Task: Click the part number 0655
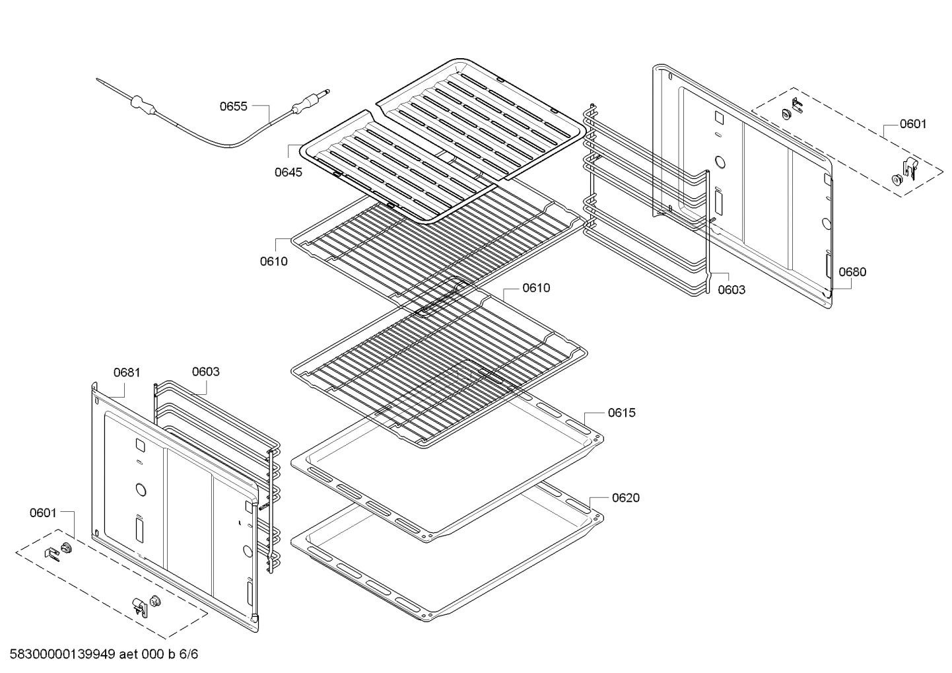pos(233,106)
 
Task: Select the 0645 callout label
pos(289,172)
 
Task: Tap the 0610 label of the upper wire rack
pos(273,261)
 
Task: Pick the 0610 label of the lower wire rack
pos(535,288)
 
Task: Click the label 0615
pos(622,413)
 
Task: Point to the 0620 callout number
pos(625,498)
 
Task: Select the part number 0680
pos(852,271)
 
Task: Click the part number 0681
pos(127,372)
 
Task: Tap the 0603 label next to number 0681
pos(205,372)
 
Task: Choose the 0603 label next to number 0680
pos(731,289)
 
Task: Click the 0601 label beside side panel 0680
pos(913,124)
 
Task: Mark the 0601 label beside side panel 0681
pos(43,513)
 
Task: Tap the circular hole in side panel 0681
pos(140,489)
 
